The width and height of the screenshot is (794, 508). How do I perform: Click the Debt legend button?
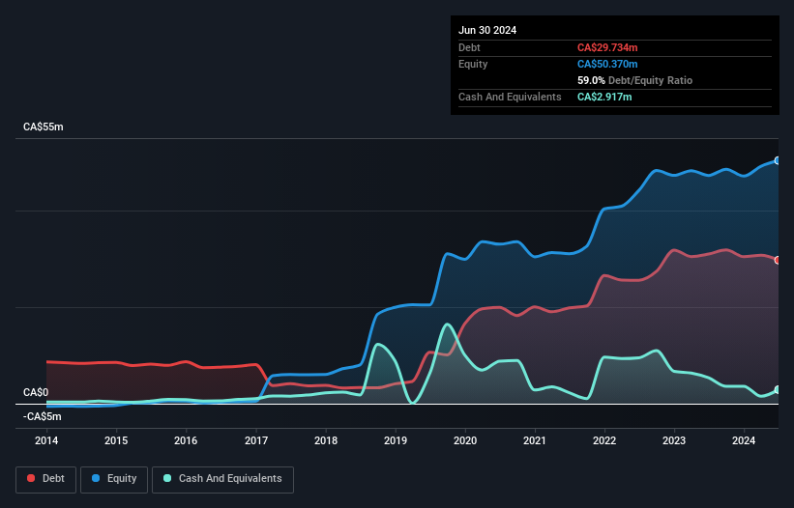click(44, 479)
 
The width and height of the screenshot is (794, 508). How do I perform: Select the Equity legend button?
click(114, 479)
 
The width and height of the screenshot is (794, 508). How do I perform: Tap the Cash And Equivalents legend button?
click(222, 479)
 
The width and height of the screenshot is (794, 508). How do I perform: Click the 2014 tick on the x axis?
click(46, 441)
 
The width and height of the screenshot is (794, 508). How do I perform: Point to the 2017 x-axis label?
click(256, 441)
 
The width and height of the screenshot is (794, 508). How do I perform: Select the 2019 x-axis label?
click(396, 441)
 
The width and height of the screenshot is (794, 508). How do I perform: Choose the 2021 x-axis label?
click(535, 441)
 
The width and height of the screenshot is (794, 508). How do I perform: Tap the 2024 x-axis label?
click(744, 441)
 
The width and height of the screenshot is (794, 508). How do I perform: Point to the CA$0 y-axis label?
click(36, 392)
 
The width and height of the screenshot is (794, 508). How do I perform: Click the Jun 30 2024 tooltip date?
click(487, 30)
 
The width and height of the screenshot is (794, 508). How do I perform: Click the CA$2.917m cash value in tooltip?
click(604, 97)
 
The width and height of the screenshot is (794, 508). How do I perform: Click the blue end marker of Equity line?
click(777, 161)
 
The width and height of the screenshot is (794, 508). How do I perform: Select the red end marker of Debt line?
click(777, 260)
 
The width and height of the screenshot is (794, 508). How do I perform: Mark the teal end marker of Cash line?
click(777, 390)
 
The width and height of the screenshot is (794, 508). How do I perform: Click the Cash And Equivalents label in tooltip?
click(510, 97)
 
